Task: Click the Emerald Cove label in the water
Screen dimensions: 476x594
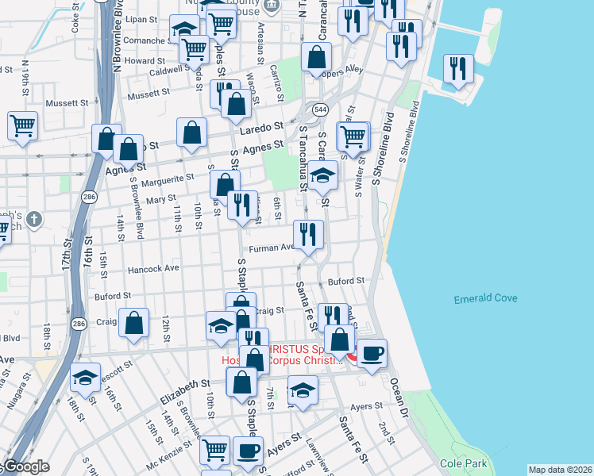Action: coord(486,298)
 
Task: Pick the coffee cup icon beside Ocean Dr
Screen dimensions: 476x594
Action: coord(371,353)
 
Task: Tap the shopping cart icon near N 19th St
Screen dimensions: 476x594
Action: coord(22,125)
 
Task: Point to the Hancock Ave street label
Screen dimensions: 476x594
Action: coord(156,268)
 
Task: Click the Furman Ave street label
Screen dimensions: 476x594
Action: coord(271,248)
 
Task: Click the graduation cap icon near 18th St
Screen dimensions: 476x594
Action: coord(85,378)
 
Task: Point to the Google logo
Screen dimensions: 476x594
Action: coord(27,467)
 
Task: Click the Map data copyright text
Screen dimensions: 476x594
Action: coord(559,470)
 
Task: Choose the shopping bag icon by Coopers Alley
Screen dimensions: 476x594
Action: coord(317,57)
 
